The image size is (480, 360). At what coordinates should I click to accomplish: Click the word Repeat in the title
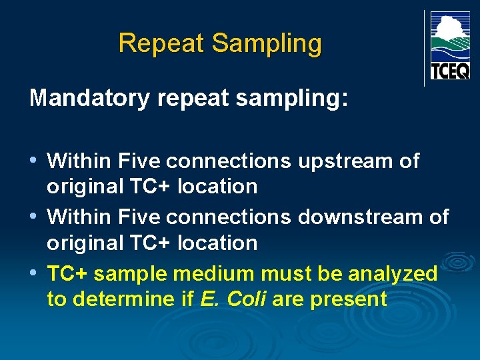click(x=161, y=43)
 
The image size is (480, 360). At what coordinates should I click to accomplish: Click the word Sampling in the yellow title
click(x=267, y=44)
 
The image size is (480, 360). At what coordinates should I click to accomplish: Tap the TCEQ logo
click(x=450, y=46)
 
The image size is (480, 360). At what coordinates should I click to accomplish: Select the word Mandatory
click(x=90, y=99)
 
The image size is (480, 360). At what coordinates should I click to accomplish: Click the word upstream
click(x=347, y=161)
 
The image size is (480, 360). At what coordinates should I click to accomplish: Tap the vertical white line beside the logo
click(x=424, y=48)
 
